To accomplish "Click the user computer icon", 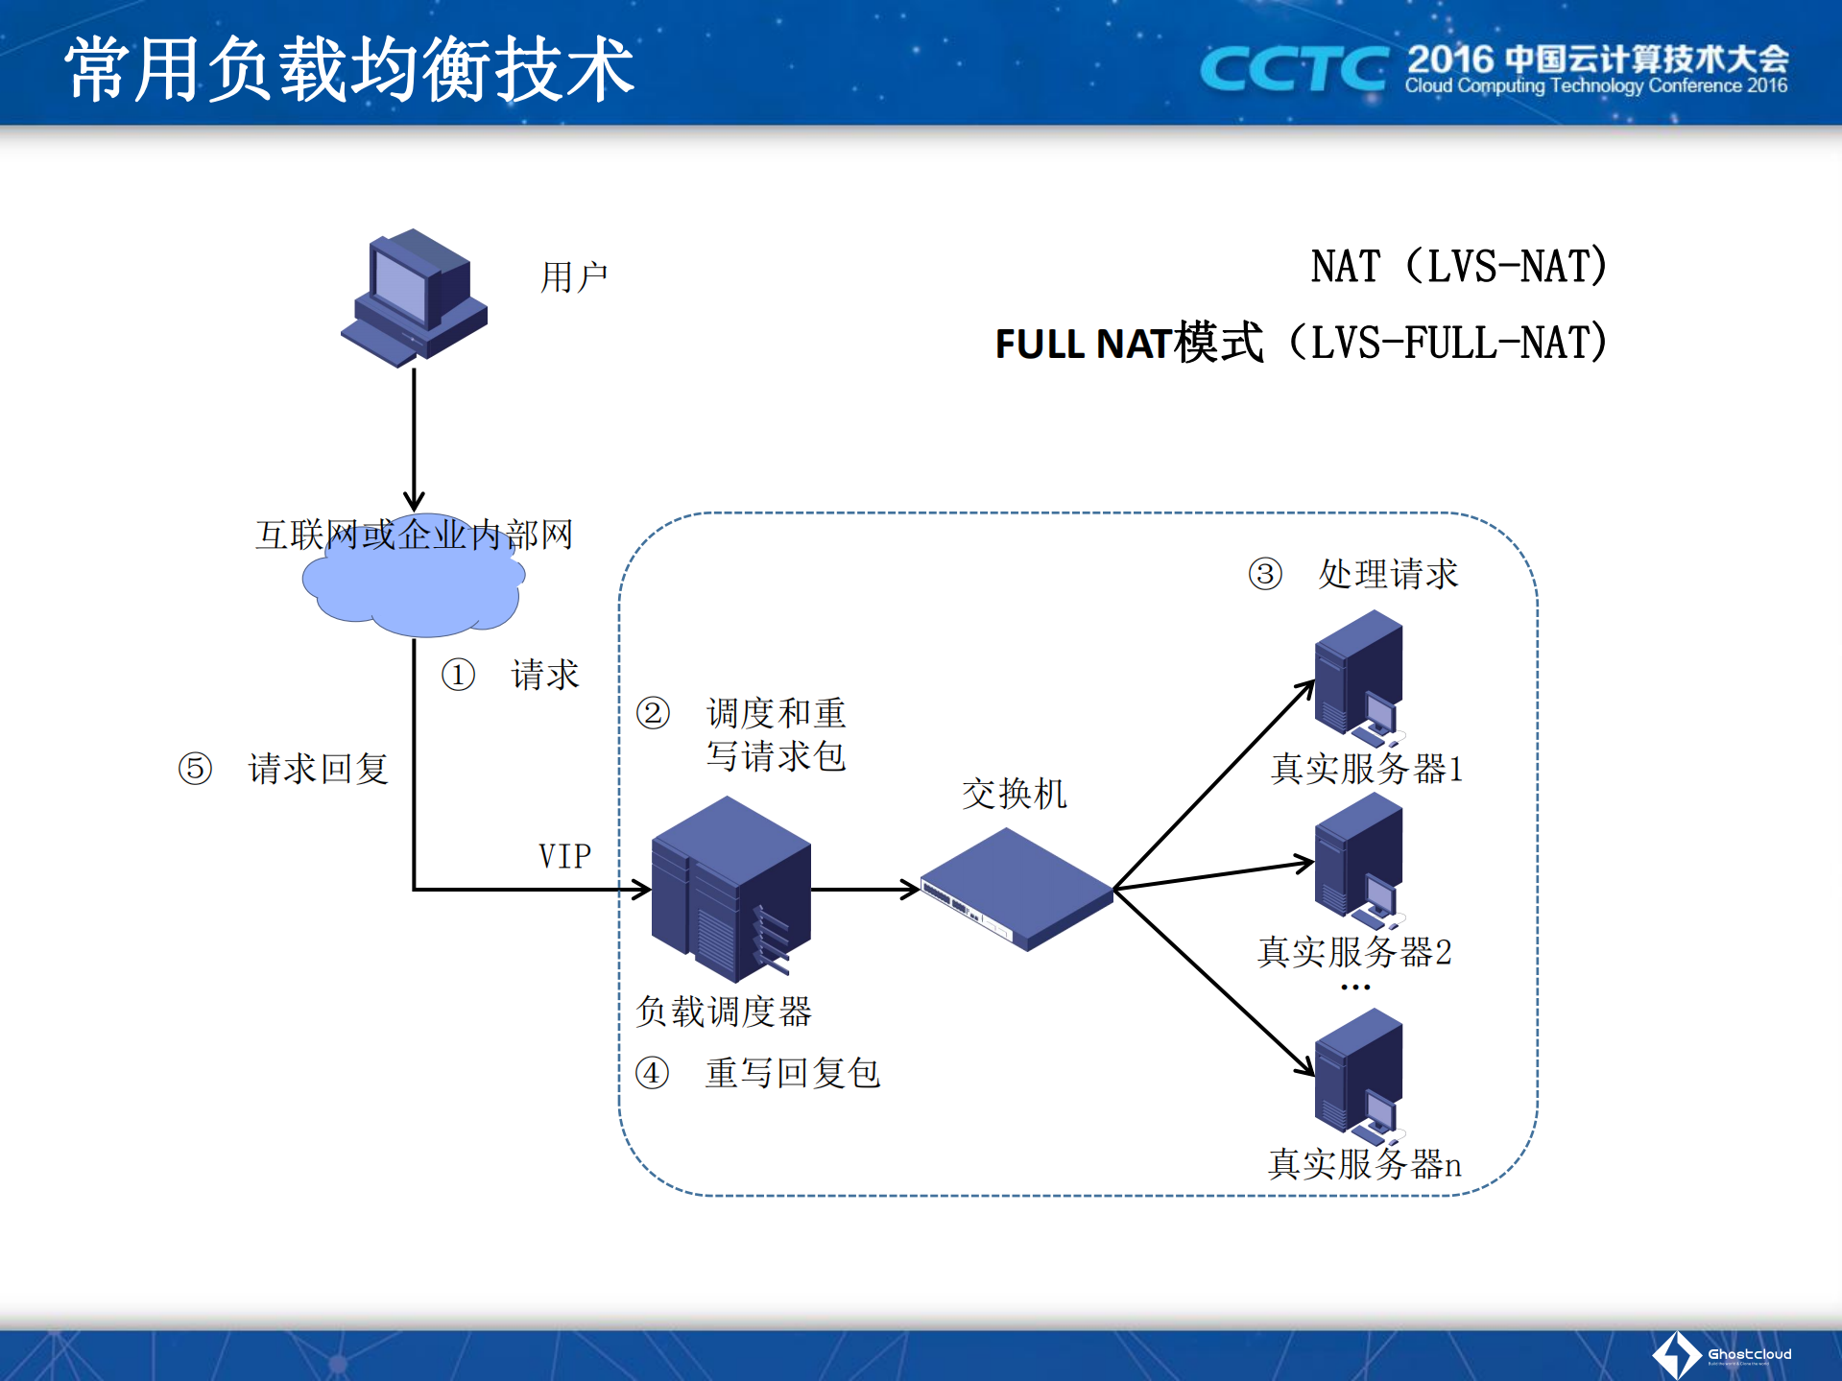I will pos(415,298).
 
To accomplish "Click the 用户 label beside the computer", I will pos(573,277).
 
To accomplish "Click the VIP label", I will pos(564,856).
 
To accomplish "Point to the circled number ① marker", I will pos(458,675).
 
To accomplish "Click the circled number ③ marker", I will pos(1265,574).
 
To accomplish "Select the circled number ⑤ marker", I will pos(195,769).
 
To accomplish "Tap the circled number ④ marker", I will pos(652,1073).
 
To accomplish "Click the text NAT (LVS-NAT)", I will pos(1458,267).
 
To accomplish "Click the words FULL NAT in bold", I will pos(1083,344).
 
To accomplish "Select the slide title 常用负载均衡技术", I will pos(349,69).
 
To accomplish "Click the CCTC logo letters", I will pos(1294,69).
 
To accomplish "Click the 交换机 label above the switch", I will pos(1014,794).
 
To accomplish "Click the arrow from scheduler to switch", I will pos(864,890).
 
